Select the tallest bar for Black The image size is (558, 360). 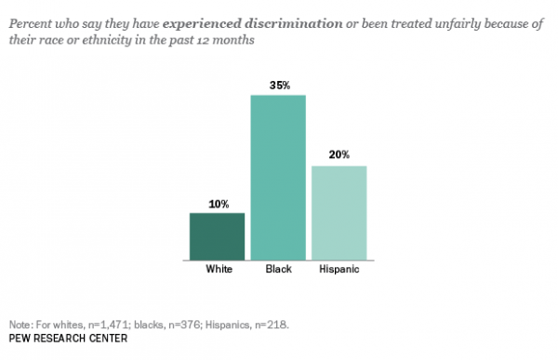(x=278, y=177)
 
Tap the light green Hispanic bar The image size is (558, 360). (x=339, y=213)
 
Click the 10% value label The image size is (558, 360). (x=217, y=204)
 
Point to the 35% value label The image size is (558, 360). (x=279, y=86)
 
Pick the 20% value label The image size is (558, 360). (x=339, y=155)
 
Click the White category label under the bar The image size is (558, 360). (x=218, y=272)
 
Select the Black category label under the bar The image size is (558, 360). (x=278, y=272)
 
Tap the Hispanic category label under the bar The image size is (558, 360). (x=339, y=272)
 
